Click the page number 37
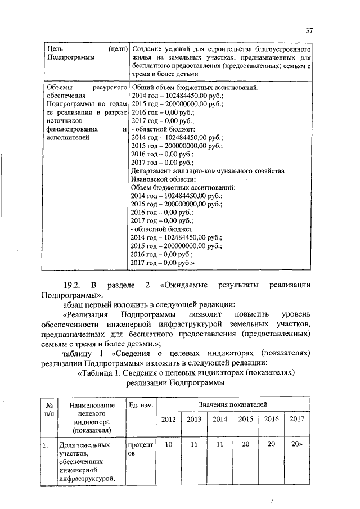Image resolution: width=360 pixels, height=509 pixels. point(309,30)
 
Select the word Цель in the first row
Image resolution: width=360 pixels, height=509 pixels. point(55,48)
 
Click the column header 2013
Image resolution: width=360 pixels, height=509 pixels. point(194,419)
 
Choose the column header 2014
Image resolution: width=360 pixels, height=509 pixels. point(220,419)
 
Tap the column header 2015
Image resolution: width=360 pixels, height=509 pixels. point(245,419)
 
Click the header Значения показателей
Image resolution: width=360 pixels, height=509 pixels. point(232,404)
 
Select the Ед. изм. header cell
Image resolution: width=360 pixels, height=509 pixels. point(139,404)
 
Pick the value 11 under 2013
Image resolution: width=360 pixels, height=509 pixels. point(194,444)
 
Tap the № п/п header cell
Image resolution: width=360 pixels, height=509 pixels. point(49,409)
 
